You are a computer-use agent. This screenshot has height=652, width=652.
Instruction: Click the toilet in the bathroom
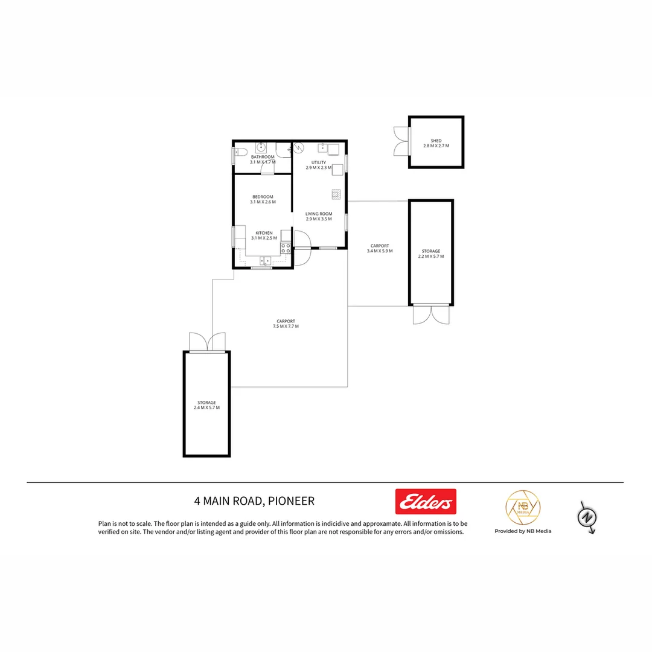click(240, 152)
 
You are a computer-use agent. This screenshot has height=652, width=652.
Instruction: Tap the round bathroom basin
click(261, 147)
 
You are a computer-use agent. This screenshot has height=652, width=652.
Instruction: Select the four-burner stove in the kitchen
click(286, 248)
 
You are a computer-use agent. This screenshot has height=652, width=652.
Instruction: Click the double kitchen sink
click(266, 261)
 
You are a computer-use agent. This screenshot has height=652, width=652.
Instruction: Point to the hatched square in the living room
click(336, 194)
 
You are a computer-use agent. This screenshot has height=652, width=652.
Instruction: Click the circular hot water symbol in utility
click(299, 147)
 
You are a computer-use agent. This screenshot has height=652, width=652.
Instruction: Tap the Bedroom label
click(263, 197)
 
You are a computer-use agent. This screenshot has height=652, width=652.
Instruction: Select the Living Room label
click(319, 214)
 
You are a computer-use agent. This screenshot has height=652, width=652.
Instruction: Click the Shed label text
click(436, 141)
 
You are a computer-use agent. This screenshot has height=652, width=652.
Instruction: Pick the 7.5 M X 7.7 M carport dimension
click(286, 326)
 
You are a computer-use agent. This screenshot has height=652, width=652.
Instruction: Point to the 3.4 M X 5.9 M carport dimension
click(380, 251)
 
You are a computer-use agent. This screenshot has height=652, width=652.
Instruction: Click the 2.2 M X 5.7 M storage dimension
click(431, 256)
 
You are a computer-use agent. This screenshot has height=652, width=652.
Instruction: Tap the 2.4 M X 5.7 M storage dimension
click(206, 407)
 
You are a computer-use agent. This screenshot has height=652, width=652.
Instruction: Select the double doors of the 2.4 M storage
click(207, 342)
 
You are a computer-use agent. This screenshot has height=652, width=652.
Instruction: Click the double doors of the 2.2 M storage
click(431, 315)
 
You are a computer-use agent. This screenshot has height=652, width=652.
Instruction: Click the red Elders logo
click(426, 501)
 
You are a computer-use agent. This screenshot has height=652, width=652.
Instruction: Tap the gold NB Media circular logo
click(522, 508)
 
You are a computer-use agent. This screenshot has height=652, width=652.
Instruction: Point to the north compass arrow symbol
click(588, 517)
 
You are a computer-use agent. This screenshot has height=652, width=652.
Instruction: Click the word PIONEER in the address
click(292, 501)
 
